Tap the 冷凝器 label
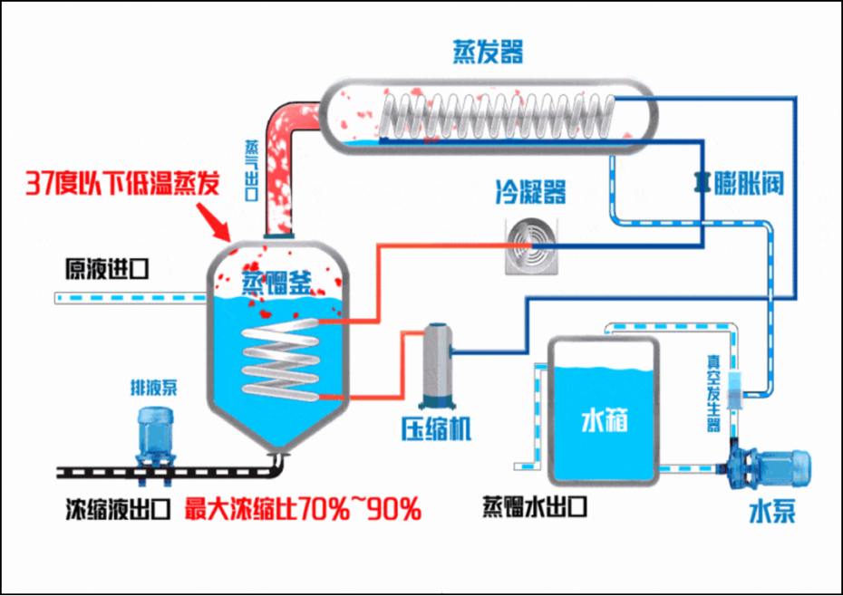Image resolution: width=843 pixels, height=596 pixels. click(530, 192)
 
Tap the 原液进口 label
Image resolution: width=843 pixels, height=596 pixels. click(105, 269)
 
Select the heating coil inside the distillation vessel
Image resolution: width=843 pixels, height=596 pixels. click(279, 357)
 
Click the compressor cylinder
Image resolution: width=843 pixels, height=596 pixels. click(436, 365)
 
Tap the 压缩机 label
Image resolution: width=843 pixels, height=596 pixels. click(436, 428)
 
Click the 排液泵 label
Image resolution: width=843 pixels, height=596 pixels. click(153, 389)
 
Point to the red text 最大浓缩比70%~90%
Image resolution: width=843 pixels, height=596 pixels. click(303, 510)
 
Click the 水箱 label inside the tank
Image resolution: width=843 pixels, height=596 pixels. click(604, 422)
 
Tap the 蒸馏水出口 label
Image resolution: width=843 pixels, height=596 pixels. click(535, 506)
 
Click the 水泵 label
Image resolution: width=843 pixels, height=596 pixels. click(772, 513)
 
